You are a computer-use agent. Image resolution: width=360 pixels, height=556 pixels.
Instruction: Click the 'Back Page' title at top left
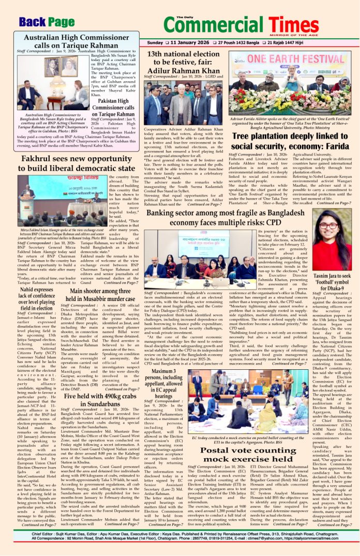click(47, 22)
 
